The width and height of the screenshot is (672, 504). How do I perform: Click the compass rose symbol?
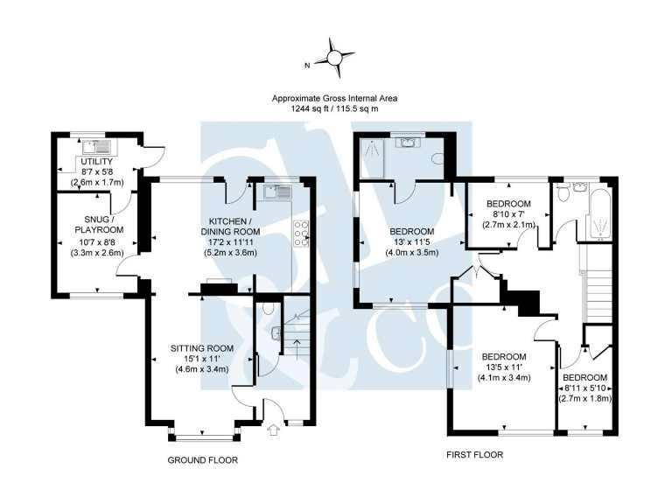click(x=335, y=58)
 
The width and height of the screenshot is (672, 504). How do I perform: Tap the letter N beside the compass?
click(x=307, y=66)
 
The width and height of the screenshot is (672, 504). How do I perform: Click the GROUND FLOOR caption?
click(x=202, y=459)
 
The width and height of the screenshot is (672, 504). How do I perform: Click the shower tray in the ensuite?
click(x=375, y=157)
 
